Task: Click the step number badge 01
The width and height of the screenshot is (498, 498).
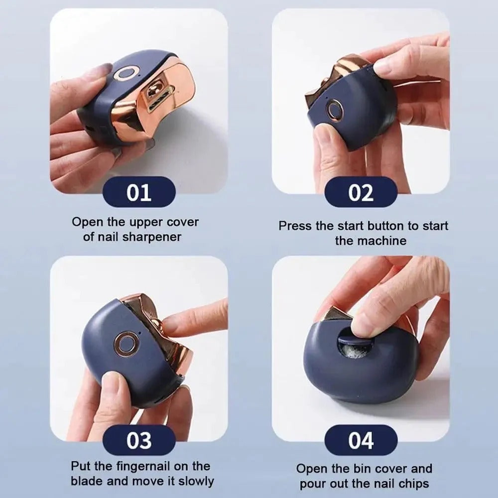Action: tap(138, 192)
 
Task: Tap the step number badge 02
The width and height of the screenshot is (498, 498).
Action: tap(361, 192)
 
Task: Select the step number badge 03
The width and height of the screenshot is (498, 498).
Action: tap(138, 440)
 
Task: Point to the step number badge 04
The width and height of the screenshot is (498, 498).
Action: tap(361, 440)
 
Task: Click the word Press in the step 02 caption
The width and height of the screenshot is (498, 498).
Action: tap(295, 226)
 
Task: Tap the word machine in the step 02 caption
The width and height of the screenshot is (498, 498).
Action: tap(384, 241)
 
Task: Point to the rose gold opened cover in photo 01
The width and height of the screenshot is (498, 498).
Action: tap(159, 100)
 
